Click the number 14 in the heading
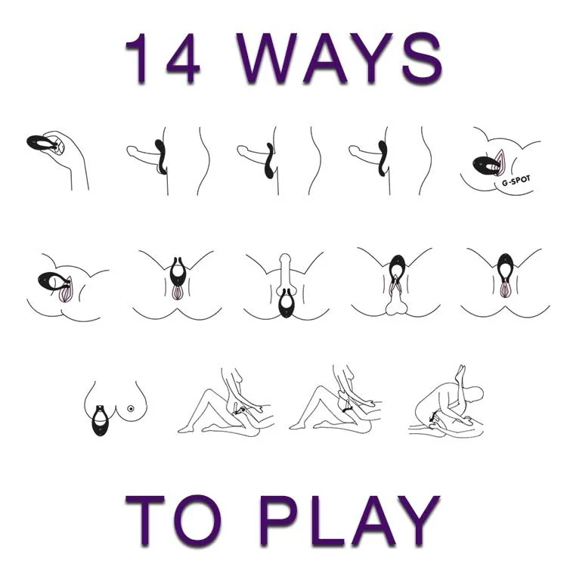pyautogui.click(x=163, y=58)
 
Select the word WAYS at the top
pyautogui.click(x=339, y=58)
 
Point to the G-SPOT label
pyautogui.click(x=516, y=181)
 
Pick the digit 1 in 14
pyautogui.click(x=138, y=58)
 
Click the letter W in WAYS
pyautogui.click(x=267, y=58)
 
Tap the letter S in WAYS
pyautogui.click(x=423, y=58)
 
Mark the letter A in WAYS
pyautogui.click(x=324, y=58)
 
